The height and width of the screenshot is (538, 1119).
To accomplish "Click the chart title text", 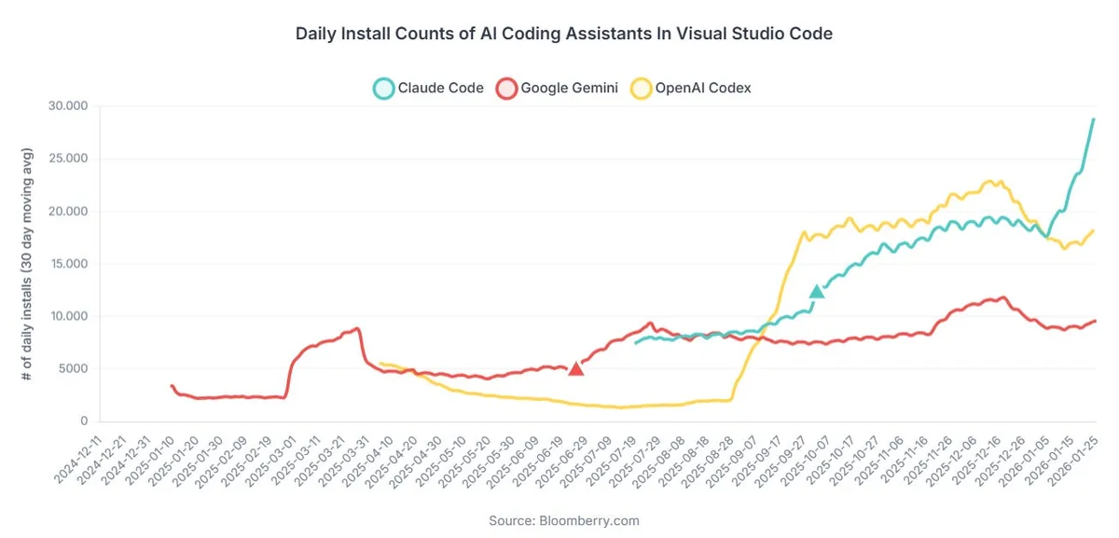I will coord(563,34).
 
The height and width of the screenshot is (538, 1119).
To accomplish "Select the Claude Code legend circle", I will coord(383,89).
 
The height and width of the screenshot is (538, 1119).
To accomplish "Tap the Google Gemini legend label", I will coord(569,89).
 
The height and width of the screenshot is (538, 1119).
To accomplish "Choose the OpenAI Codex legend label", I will coord(704,89).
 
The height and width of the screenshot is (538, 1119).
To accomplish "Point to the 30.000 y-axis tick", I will coord(66,106).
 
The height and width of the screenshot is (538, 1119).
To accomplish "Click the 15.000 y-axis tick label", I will coord(66,264).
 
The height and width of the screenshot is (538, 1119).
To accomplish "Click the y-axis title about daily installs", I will coord(28,264).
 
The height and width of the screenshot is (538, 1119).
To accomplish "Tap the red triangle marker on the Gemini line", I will coord(576,369).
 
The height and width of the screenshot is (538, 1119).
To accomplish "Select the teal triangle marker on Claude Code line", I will coord(817,292).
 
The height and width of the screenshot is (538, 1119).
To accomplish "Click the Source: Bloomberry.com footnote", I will coord(563,520).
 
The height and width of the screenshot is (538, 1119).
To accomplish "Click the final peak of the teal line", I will coord(1093,119).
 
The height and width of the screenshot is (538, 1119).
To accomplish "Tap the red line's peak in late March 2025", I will coord(357,328).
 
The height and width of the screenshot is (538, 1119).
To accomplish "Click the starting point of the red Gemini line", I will coord(172,385).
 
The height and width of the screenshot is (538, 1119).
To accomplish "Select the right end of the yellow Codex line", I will coord(1093,230).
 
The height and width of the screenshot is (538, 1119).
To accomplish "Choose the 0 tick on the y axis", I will coord(83,421).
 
